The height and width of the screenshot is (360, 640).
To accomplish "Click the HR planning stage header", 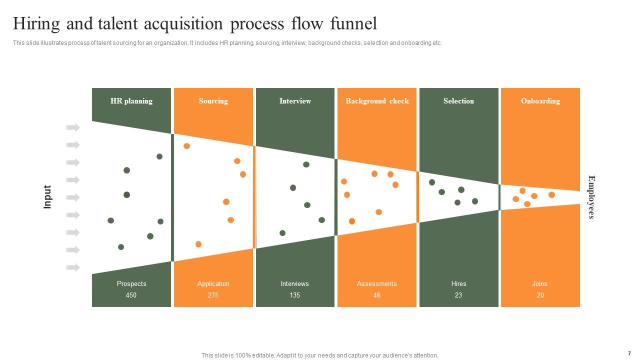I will (131, 101).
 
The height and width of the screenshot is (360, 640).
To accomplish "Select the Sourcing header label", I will (213, 101).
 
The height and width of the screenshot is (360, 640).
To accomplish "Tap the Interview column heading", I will (295, 101).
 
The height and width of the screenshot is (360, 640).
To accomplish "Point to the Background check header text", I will (377, 101).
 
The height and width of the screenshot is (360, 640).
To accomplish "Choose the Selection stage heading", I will (458, 101).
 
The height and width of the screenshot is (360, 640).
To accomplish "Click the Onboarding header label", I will (540, 101).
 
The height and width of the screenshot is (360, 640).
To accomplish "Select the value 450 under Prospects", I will (131, 295).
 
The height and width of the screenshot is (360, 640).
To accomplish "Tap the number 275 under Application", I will (213, 295).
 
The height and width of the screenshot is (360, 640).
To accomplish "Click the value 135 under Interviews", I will (295, 295).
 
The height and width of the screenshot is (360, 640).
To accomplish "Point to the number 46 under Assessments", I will (377, 295).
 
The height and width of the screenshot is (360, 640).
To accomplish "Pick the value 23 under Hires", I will (458, 295).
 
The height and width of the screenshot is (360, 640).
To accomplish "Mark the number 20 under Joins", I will (540, 295).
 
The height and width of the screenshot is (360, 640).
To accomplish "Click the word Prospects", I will (131, 283).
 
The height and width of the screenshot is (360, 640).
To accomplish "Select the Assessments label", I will (377, 283).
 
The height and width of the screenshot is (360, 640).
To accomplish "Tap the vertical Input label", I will (47, 197).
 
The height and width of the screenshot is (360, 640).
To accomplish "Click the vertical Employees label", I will (591, 197).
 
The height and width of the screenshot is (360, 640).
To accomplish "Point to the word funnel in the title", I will (353, 23).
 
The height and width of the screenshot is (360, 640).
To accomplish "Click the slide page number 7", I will (629, 353).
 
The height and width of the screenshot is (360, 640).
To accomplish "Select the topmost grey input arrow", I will (73, 127).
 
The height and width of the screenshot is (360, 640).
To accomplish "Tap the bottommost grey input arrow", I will (73, 267).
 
